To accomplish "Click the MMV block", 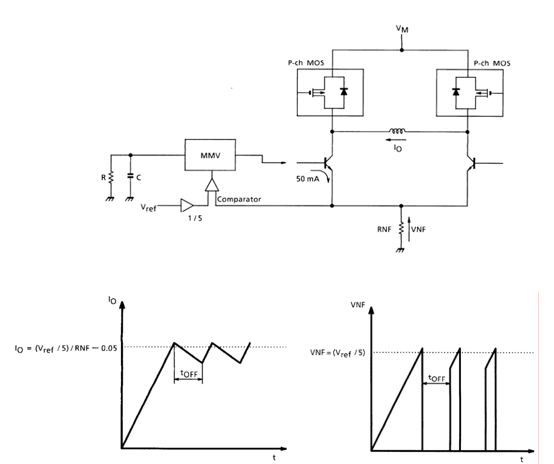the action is [210, 155].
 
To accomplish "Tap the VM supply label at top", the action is [402, 29].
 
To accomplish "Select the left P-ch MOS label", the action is [306, 63].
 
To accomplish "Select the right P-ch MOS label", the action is [492, 63].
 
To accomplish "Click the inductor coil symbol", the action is [396, 131].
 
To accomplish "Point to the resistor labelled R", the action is [111, 177].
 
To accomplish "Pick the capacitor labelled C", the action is [130, 176].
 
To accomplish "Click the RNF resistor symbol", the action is [401, 229].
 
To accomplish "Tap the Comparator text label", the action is [239, 199].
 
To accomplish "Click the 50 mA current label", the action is [307, 179].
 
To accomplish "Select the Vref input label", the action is [148, 207].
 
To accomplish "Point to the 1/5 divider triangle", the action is [187, 206].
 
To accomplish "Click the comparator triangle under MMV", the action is [212, 185].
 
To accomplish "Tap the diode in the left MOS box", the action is [344, 92].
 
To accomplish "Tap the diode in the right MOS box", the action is [455, 92].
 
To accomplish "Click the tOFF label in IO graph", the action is [189, 373].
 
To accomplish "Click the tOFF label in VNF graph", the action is [437, 378].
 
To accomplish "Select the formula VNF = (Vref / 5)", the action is [338, 353].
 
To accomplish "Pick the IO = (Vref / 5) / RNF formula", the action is [66, 348].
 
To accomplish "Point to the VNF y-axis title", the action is [358, 305].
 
